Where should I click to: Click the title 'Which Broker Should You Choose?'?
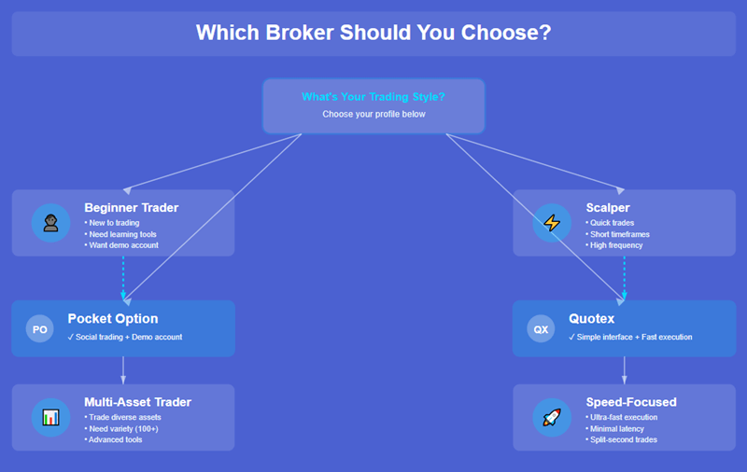tap(373, 33)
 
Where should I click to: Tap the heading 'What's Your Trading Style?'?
tap(373, 97)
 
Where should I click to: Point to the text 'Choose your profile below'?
tap(373, 114)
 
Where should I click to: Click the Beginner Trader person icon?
tap(50, 223)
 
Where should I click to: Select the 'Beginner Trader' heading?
tap(131, 207)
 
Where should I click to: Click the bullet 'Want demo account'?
tap(122, 245)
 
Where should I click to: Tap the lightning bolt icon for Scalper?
tap(552, 223)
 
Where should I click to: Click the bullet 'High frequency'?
tap(617, 245)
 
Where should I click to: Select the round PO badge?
tap(39, 329)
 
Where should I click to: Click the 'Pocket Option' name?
tap(113, 319)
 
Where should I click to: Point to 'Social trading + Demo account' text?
tap(128, 337)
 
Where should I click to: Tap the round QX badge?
tap(541, 329)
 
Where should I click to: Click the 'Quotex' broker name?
tap(594, 319)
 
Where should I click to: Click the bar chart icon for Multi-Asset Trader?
tap(50, 417)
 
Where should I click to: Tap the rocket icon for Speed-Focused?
tap(552, 417)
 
